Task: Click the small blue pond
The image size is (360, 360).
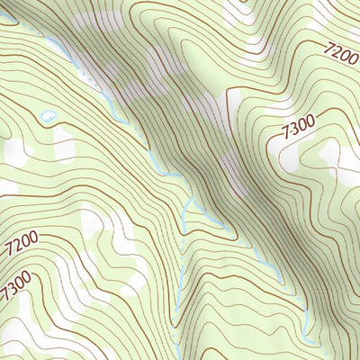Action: (x=48, y=116)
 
